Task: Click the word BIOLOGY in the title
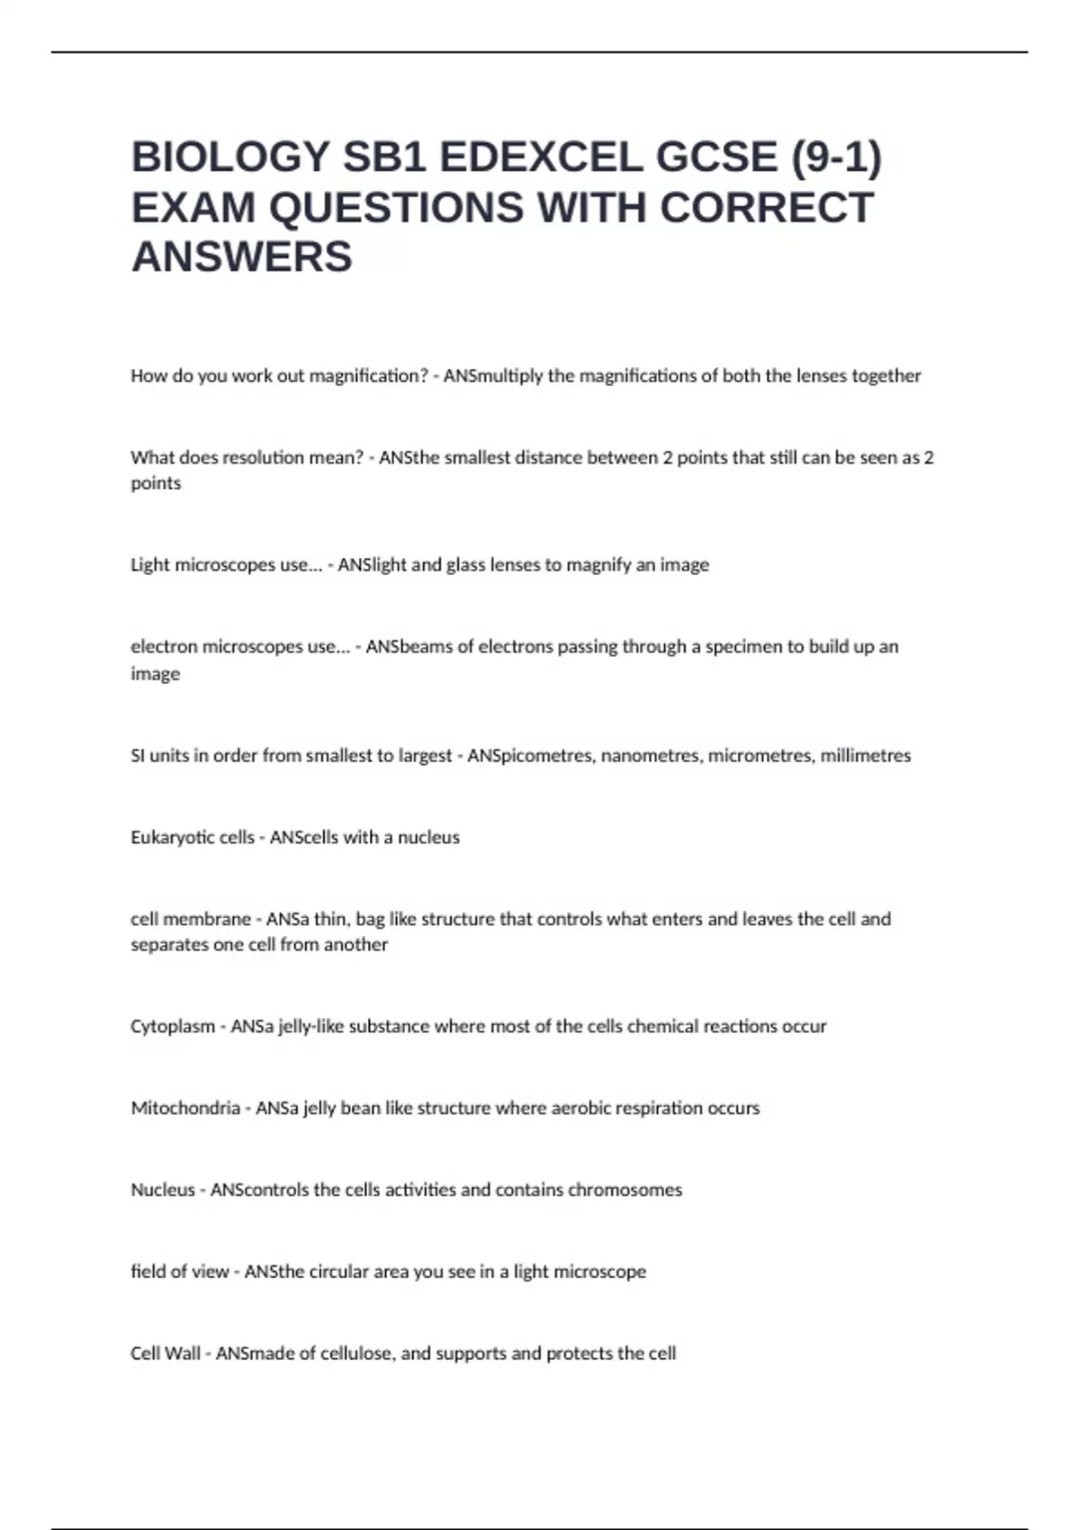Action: (229, 157)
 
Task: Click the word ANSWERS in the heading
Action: (242, 256)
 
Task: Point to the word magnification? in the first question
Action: (368, 375)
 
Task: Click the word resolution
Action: (263, 457)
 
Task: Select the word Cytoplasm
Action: (173, 1026)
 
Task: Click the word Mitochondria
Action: (185, 1108)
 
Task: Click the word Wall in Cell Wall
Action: (183, 1354)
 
